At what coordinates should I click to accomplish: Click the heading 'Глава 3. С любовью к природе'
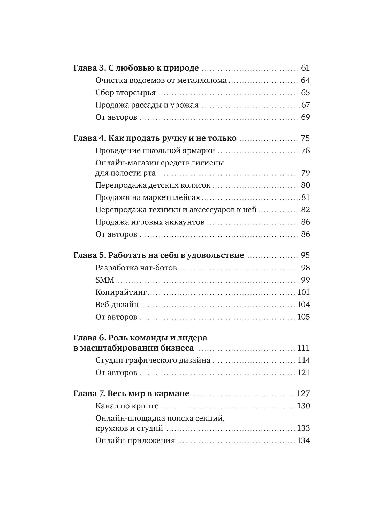click(136, 68)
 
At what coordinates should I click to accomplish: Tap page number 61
click(305, 68)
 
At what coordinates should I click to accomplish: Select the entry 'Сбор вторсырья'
click(125, 93)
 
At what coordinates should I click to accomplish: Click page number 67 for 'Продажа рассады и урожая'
click(306, 105)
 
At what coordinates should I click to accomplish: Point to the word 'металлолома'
click(202, 80)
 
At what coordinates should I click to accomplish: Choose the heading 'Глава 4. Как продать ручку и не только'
click(155, 138)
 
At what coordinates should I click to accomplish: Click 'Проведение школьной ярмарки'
click(155, 150)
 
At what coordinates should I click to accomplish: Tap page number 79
click(305, 173)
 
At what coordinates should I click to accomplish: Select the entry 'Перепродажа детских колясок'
click(153, 185)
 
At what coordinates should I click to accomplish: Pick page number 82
click(305, 210)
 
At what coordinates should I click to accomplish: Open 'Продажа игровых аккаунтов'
click(150, 222)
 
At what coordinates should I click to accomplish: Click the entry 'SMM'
click(105, 280)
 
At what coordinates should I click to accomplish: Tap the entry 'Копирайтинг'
click(121, 292)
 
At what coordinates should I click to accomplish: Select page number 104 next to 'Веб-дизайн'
click(303, 305)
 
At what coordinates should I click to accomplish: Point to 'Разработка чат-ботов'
click(136, 268)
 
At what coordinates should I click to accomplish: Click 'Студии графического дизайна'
click(153, 360)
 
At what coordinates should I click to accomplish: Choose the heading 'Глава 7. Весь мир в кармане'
click(131, 393)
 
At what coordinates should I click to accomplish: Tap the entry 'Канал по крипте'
click(127, 406)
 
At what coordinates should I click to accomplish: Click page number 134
click(303, 440)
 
